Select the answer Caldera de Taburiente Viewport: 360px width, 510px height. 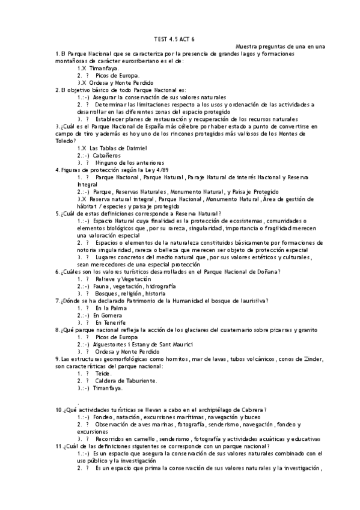pyautogui.click(x=126, y=380)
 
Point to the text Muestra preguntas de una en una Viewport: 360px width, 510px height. pyautogui.click(x=280, y=46)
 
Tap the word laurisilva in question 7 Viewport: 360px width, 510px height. pyautogui.click(x=252, y=301)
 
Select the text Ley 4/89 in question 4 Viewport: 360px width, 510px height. pyautogui.click(x=132, y=170)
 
